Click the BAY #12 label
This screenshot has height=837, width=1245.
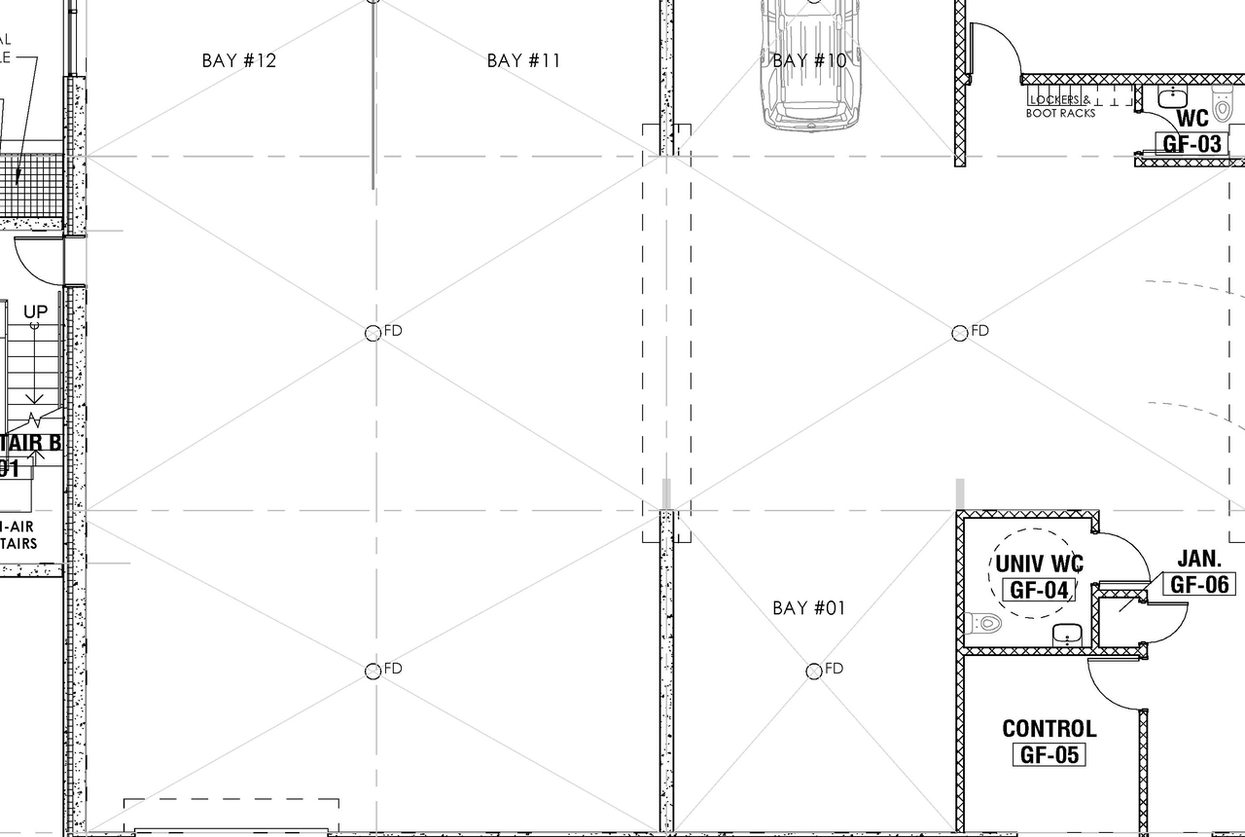pyautogui.click(x=239, y=60)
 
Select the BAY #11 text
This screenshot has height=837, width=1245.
pyautogui.click(x=523, y=60)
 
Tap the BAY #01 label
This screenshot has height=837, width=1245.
pyautogui.click(x=809, y=608)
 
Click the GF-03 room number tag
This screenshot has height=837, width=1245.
pyautogui.click(x=1192, y=144)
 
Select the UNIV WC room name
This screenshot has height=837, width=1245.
pyautogui.click(x=1039, y=564)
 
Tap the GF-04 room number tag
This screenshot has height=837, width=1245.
pyautogui.click(x=1039, y=590)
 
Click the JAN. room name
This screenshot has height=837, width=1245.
pyautogui.click(x=1199, y=559)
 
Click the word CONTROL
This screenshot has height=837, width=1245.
pyautogui.click(x=1049, y=728)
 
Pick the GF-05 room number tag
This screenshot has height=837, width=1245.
pyautogui.click(x=1049, y=754)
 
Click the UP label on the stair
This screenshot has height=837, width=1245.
pyautogui.click(x=36, y=312)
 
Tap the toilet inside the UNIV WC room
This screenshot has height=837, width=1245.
pyautogui.click(x=983, y=623)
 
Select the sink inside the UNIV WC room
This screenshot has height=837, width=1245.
pyautogui.click(x=1067, y=634)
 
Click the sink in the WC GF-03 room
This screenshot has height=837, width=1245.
pyautogui.click(x=1174, y=96)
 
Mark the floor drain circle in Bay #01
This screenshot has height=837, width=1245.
pyautogui.click(x=814, y=671)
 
